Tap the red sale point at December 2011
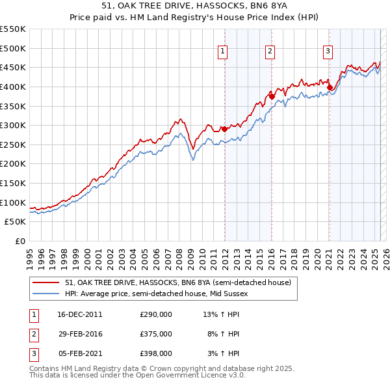[x=224, y=129]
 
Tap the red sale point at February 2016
[x=272, y=96]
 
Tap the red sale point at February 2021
[x=330, y=87]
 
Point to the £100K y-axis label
[x=12, y=202]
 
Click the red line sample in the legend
[x=46, y=282]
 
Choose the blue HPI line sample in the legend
[x=46, y=294]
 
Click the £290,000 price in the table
[x=156, y=314]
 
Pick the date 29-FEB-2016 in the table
[x=80, y=334]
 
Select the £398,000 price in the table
[x=156, y=353]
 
